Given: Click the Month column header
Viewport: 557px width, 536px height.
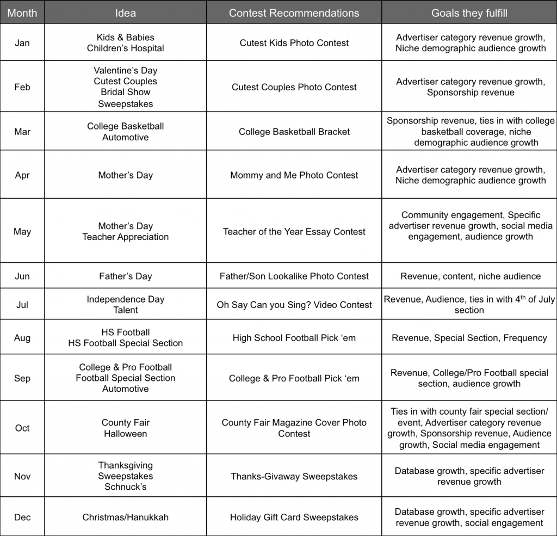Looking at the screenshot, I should click(x=22, y=13).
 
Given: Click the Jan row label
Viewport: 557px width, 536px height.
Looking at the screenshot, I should click(x=22, y=43).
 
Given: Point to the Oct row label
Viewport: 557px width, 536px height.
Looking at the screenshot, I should click(x=22, y=428).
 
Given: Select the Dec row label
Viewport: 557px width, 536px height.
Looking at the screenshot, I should click(x=22, y=517).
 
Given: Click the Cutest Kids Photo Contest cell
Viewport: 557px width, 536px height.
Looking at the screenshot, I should click(x=294, y=43).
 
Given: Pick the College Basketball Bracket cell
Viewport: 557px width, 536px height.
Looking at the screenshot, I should click(x=294, y=132).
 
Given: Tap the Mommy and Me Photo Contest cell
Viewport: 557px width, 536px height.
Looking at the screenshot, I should click(x=294, y=175).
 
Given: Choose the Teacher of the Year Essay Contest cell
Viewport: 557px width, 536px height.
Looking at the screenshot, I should click(x=294, y=232).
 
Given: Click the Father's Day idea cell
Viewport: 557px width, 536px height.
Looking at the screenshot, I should click(x=125, y=276).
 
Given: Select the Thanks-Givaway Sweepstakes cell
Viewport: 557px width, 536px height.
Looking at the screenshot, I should click(x=294, y=477).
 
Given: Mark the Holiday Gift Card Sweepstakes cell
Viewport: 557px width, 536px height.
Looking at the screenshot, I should click(x=294, y=517).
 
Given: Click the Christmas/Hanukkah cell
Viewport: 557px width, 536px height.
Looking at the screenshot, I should click(x=125, y=517).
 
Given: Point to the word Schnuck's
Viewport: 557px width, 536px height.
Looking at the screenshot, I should click(x=126, y=487).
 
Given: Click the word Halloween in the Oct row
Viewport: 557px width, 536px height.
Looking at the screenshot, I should click(x=126, y=434).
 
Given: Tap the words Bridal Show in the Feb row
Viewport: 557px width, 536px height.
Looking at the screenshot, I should click(x=126, y=93).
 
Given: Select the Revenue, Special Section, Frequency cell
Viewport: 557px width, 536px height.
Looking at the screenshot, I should click(x=469, y=338).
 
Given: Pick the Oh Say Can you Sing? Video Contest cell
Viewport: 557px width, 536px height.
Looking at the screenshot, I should click(x=294, y=305).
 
